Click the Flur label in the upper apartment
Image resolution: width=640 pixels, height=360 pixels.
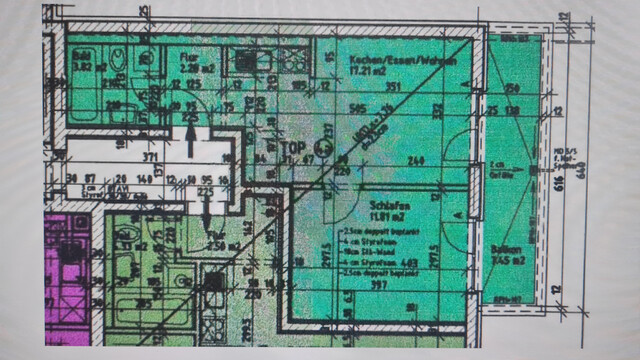pos(187,58)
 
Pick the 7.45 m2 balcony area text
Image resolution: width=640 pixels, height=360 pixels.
pos(509,262)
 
